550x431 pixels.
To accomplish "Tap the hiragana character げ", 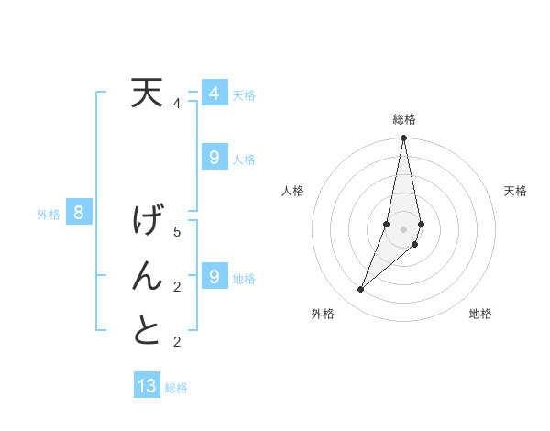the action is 147,222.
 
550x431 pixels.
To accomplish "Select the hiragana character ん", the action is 147,277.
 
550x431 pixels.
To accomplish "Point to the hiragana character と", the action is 147,330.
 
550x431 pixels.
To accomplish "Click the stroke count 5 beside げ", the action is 177,231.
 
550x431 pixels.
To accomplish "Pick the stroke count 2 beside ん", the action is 177,287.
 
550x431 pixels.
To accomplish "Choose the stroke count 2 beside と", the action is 177,342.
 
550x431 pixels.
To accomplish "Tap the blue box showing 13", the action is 147,386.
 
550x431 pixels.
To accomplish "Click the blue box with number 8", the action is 79,214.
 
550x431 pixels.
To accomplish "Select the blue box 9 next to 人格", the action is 214,158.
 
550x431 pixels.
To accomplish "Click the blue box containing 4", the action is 214,94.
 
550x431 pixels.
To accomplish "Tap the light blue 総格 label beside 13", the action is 176,388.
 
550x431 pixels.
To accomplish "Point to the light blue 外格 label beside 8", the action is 49,215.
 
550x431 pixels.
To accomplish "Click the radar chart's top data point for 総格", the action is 403,138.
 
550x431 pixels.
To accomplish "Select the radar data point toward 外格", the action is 361,289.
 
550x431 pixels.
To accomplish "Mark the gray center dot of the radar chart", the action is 403,228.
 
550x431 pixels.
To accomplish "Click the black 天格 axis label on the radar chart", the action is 515,191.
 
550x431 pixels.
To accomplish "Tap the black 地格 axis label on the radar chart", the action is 480,314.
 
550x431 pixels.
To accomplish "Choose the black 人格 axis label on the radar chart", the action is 293,191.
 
